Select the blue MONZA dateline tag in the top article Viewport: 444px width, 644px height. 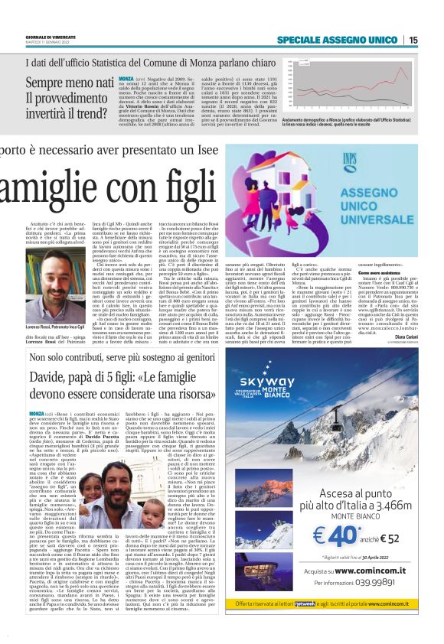coord(126,79)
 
